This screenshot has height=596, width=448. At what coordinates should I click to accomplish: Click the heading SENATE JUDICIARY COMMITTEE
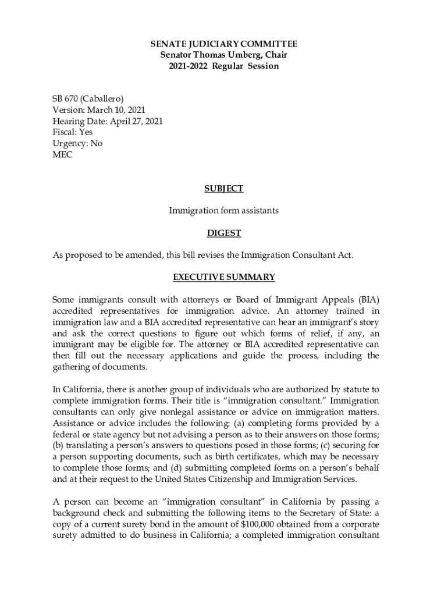[224, 44]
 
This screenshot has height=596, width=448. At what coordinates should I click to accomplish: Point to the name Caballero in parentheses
[104, 99]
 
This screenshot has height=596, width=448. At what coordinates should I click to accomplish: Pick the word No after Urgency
[96, 143]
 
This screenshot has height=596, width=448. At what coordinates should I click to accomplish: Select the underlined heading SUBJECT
[224, 189]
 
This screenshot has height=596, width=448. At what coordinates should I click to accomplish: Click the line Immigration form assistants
[224, 210]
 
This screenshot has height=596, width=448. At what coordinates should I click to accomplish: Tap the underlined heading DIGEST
[224, 233]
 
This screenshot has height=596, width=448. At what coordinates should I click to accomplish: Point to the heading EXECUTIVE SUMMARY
[224, 277]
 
